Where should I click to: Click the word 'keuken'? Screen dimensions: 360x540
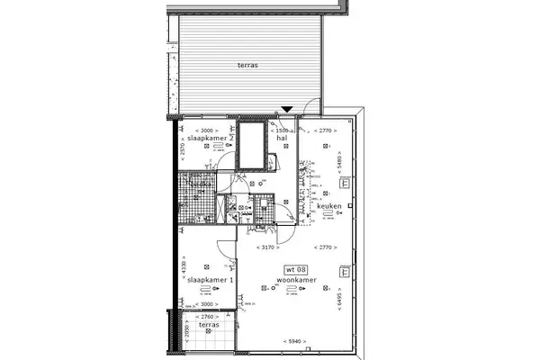click(x=329, y=207)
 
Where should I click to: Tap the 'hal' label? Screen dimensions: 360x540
click(x=281, y=139)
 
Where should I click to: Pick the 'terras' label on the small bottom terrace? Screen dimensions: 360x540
click(x=208, y=324)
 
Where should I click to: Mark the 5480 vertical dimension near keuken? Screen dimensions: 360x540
click(x=339, y=162)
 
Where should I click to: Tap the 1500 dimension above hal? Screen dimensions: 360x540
click(x=281, y=130)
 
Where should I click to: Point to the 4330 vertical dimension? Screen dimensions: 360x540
click(x=183, y=268)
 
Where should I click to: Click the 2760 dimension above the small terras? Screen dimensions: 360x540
click(x=207, y=317)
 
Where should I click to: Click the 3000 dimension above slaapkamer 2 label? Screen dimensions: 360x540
click(x=206, y=130)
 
